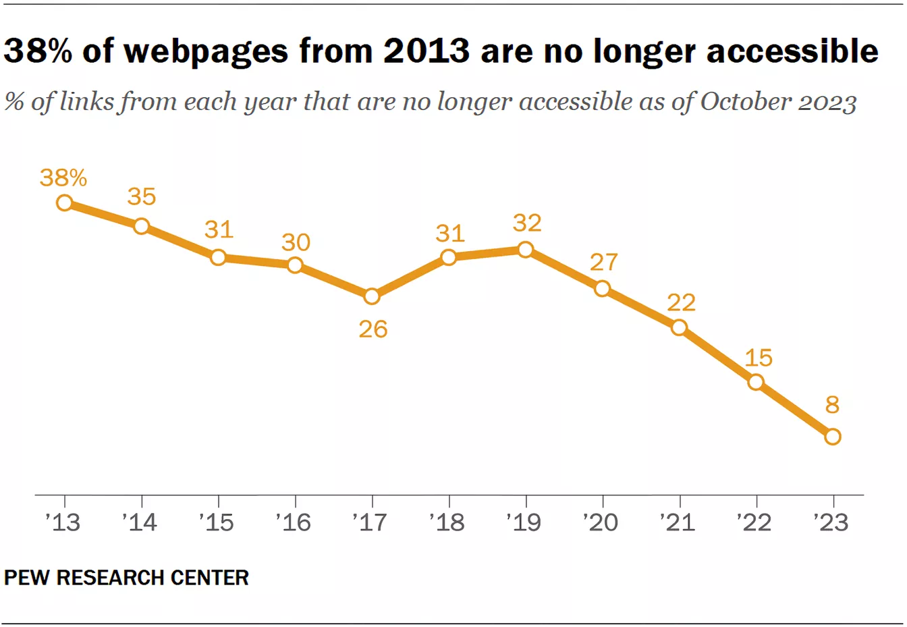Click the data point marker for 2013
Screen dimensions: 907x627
[x=65, y=202]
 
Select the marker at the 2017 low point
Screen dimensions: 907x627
[x=372, y=296]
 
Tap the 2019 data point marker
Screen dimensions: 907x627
[x=526, y=250]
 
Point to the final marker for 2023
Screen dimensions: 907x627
[x=833, y=437]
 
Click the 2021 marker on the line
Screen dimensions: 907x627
[x=680, y=327]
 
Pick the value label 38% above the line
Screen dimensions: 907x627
[x=63, y=178]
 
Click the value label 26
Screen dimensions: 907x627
[x=373, y=329]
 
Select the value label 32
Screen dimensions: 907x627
[x=527, y=223]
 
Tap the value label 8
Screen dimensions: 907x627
[x=833, y=404]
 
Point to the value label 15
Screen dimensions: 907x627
[x=759, y=358]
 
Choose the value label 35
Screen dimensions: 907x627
[x=142, y=196]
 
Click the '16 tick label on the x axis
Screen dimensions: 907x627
[x=294, y=522]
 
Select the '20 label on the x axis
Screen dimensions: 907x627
[x=601, y=522]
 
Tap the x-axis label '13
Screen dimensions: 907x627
[x=63, y=522]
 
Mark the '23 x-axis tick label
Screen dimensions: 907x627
[x=831, y=522]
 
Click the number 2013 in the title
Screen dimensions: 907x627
[x=427, y=51]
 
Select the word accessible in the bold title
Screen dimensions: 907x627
[x=793, y=51]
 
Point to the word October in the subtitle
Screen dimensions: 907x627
[x=746, y=101]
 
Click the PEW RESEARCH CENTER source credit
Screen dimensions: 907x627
[x=126, y=578]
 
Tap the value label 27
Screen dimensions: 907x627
[x=604, y=262]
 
